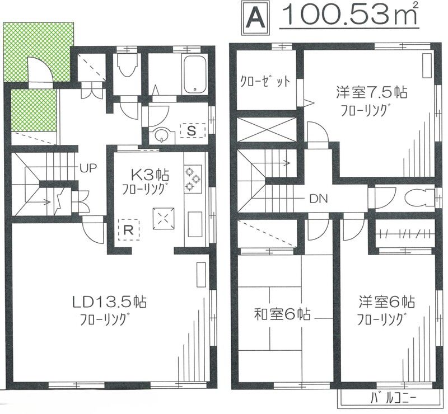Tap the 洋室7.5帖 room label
370,91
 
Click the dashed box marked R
128,229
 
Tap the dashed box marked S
192,131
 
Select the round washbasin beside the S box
162,136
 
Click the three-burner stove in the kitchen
193,176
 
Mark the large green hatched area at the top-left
39,50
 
